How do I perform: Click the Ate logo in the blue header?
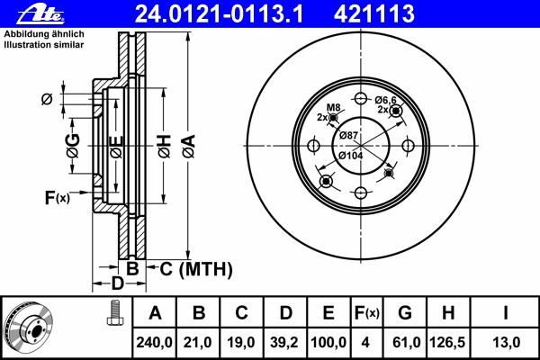[40, 15]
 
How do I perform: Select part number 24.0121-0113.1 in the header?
[219, 14]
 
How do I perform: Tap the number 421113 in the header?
[374, 14]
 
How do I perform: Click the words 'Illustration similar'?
[44, 45]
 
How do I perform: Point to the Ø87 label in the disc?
[348, 135]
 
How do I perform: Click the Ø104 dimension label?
[351, 156]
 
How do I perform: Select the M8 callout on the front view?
[333, 107]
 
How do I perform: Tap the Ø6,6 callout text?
[385, 100]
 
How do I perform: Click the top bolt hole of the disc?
[361, 99]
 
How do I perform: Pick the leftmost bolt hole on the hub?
[313, 146]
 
